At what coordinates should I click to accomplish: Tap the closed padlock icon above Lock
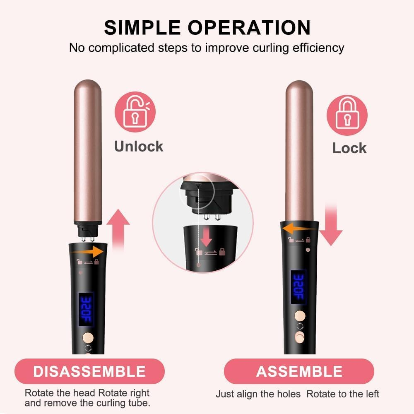tap(347, 115)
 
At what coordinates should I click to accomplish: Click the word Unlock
tap(139, 146)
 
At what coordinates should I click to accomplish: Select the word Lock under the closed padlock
tap(349, 148)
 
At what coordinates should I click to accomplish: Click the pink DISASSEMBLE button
tap(89, 371)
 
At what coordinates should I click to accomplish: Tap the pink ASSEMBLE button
tap(299, 371)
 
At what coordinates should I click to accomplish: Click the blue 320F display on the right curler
tap(298, 287)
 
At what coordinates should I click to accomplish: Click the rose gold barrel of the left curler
tap(87, 149)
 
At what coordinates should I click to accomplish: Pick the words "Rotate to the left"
tap(343, 394)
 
